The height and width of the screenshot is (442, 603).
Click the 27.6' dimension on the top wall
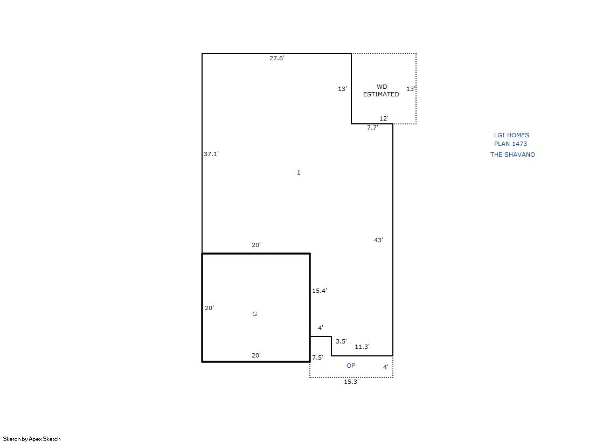pyautogui.click(x=277, y=58)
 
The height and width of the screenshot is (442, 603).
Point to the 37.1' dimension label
pyautogui.click(x=211, y=154)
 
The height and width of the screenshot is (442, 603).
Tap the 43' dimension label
pyautogui.click(x=378, y=240)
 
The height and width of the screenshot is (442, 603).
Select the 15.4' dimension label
pyautogui.click(x=320, y=291)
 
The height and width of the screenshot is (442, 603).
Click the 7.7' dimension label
pyautogui.click(x=373, y=128)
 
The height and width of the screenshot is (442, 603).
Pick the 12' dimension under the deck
pyautogui.click(x=384, y=118)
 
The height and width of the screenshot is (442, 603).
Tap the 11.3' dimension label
pyautogui.click(x=362, y=347)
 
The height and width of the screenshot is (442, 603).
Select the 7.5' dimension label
pyautogui.click(x=317, y=357)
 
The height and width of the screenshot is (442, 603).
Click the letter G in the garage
pyautogui.click(x=254, y=314)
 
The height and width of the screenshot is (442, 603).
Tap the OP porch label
pyautogui.click(x=351, y=366)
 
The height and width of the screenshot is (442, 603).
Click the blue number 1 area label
pyautogui.click(x=299, y=173)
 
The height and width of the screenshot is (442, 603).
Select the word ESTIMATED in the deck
pyautogui.click(x=381, y=94)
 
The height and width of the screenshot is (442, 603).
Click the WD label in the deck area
pyautogui.click(x=382, y=87)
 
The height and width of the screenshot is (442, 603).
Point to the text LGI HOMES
pyautogui.click(x=511, y=135)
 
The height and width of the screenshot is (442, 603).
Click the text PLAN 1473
pyautogui.click(x=510, y=144)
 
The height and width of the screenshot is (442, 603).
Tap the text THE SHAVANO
pyautogui.click(x=512, y=155)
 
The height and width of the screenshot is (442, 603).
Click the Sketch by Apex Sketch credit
pyautogui.click(x=32, y=439)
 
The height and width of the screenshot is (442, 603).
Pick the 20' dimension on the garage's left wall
pyautogui.click(x=209, y=308)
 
